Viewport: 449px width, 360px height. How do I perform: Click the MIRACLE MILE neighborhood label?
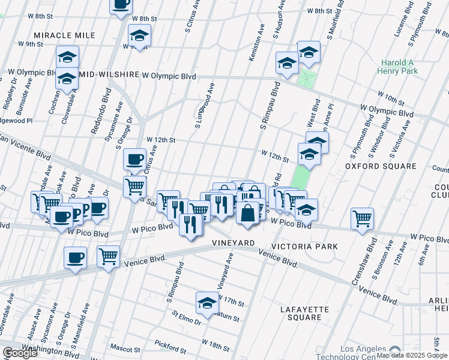coord(65,35)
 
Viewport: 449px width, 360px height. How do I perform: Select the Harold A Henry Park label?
coord(406,67)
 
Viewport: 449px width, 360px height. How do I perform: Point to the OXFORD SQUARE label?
coord(381,166)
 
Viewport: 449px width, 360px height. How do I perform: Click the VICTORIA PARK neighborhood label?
coord(304,247)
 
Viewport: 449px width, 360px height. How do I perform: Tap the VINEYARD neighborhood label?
coord(234,242)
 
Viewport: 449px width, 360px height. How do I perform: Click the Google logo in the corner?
coord(20,353)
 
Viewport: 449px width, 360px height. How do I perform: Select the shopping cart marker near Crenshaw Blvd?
coord(363,219)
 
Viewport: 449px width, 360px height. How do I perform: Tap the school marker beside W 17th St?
coord(207,302)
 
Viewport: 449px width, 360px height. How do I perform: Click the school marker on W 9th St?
coord(139,35)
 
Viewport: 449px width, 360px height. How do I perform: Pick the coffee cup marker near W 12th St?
coord(134,160)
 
